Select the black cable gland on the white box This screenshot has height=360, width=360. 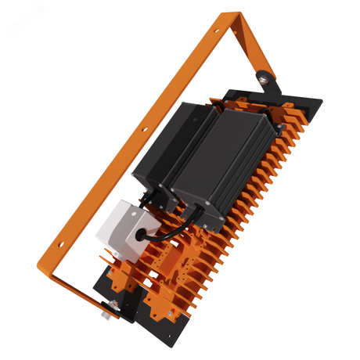[x=146, y=229]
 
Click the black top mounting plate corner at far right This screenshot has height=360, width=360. [x=319, y=99]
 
